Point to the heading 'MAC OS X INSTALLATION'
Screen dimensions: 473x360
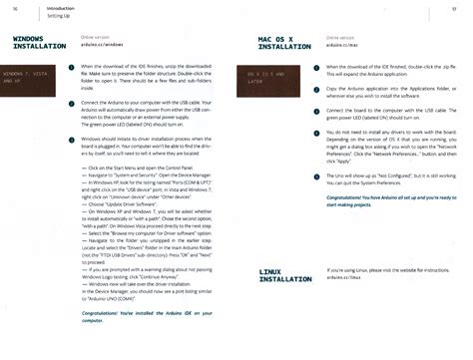pos(283,43)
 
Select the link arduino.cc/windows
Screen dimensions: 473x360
pos(102,45)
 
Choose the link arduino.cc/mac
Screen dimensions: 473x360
pos(340,45)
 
